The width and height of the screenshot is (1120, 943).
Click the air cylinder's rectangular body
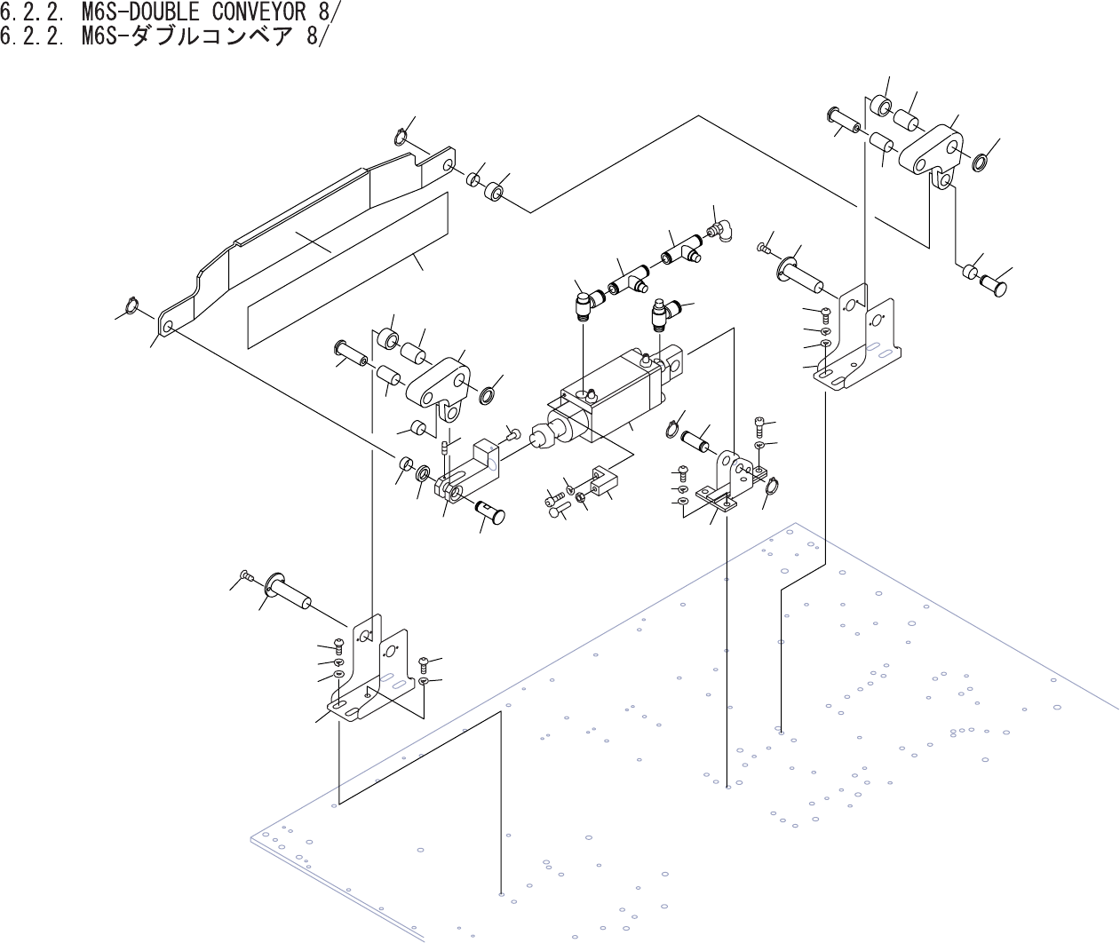(x=613, y=391)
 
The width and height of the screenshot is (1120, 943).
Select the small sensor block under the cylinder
(x=601, y=482)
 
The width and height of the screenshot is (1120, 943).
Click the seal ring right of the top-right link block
(x=980, y=162)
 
